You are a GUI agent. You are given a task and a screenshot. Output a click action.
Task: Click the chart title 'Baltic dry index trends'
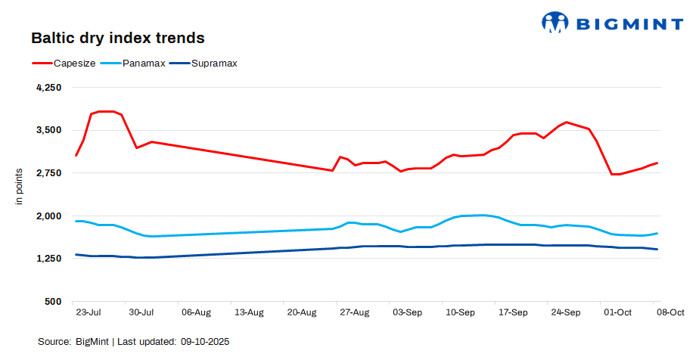[x=117, y=37]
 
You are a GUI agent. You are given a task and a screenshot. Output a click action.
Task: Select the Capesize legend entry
[x=74, y=64]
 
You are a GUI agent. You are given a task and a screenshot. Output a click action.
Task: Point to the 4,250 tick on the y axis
[x=48, y=88]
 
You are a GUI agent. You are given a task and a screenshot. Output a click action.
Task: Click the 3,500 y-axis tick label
[x=48, y=130]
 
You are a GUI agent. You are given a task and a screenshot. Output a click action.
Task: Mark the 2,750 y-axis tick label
[x=48, y=173]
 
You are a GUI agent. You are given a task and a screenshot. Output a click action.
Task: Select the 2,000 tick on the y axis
[x=48, y=216]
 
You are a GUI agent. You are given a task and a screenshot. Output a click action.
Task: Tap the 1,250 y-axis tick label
[x=48, y=259]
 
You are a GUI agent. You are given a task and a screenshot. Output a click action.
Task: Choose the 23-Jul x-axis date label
[x=89, y=312]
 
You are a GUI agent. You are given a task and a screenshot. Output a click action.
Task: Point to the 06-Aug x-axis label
[x=196, y=312]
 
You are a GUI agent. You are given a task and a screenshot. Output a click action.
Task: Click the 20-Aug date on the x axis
[x=302, y=312]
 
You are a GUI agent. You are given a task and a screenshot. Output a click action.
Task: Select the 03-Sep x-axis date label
[x=407, y=312]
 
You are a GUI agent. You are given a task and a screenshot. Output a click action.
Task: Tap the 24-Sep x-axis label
[x=566, y=312]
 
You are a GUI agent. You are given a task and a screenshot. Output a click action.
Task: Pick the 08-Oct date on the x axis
[x=670, y=312]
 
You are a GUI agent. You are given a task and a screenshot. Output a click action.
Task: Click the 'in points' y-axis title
[x=20, y=187]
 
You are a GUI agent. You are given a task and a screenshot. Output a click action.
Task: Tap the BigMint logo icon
[x=555, y=23]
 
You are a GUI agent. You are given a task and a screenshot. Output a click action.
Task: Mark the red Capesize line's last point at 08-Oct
[x=657, y=163]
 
